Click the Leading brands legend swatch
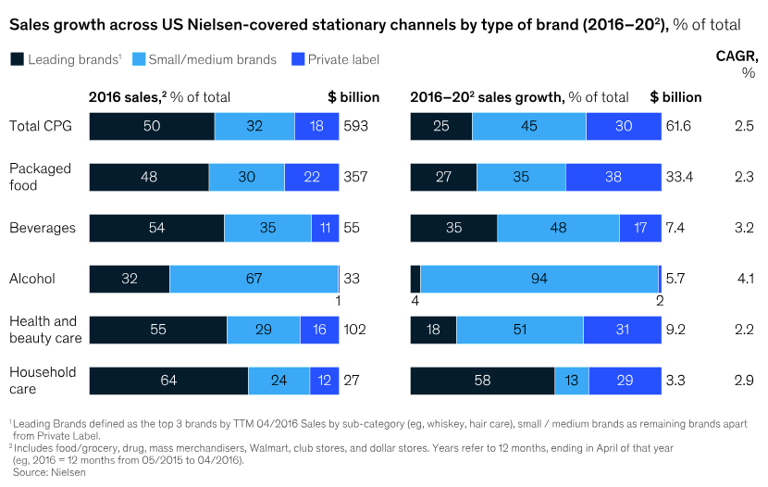[16, 59]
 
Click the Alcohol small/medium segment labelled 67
[254, 279]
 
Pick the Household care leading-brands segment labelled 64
[168, 380]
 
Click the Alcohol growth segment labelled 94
[539, 279]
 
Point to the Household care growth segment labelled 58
[481, 380]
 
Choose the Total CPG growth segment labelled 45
[528, 127]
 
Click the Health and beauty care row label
[45, 330]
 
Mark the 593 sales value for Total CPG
[355, 127]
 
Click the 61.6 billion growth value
[678, 127]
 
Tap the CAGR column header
[737, 64]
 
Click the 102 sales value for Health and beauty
[355, 329]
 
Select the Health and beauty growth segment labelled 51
[520, 330]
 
